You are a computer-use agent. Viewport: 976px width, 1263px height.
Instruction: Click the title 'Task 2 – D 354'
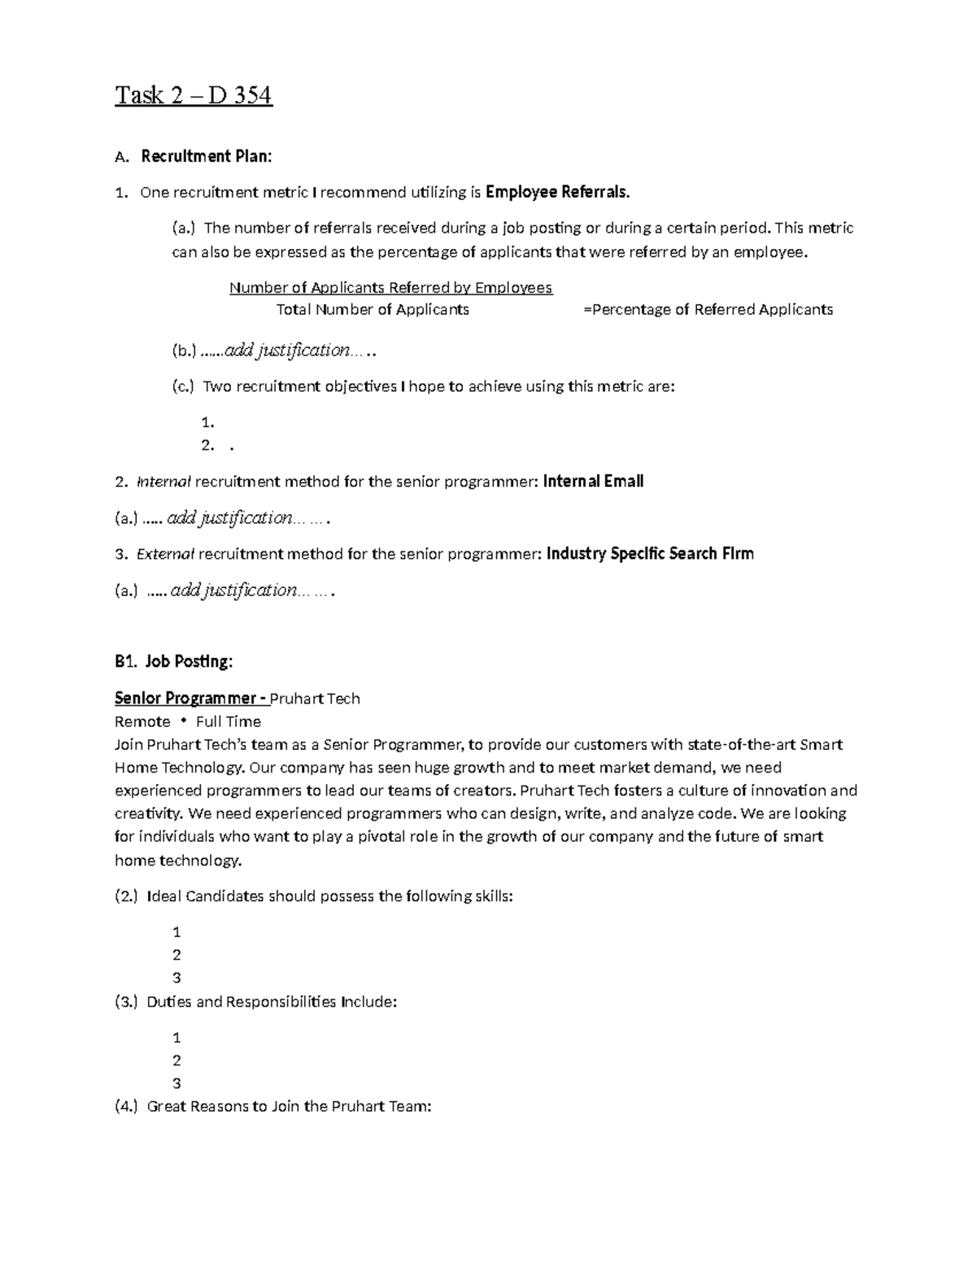[x=193, y=96]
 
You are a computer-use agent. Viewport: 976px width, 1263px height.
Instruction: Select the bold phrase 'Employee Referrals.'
[x=557, y=193]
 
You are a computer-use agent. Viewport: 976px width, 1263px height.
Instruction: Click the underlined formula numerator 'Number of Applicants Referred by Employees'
[x=390, y=288]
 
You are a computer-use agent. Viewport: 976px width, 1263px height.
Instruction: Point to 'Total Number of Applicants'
[x=373, y=310]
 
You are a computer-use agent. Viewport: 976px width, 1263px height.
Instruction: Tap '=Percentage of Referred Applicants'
[x=708, y=310]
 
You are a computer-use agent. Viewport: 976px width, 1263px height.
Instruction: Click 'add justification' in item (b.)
[x=287, y=351]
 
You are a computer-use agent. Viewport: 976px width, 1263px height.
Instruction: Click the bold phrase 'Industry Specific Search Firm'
[x=650, y=554]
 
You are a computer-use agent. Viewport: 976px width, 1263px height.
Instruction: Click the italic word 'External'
[x=166, y=555]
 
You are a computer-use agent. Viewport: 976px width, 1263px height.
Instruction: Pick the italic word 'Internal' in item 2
[x=163, y=482]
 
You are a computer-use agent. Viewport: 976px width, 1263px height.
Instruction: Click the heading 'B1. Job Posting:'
[x=173, y=662]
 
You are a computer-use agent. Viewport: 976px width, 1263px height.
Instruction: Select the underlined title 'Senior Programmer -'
[x=190, y=699]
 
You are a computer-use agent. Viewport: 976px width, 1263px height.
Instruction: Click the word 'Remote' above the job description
[x=142, y=722]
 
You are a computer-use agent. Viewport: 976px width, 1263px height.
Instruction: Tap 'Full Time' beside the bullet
[x=229, y=722]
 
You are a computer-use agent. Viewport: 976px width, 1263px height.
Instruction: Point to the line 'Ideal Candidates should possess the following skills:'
[x=329, y=897]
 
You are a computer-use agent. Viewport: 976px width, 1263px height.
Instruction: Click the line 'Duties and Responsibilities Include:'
[x=272, y=1002]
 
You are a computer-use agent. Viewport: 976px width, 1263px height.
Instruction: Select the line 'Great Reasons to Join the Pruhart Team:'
[x=288, y=1107]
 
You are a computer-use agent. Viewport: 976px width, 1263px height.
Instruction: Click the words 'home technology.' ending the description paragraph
[x=178, y=860]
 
